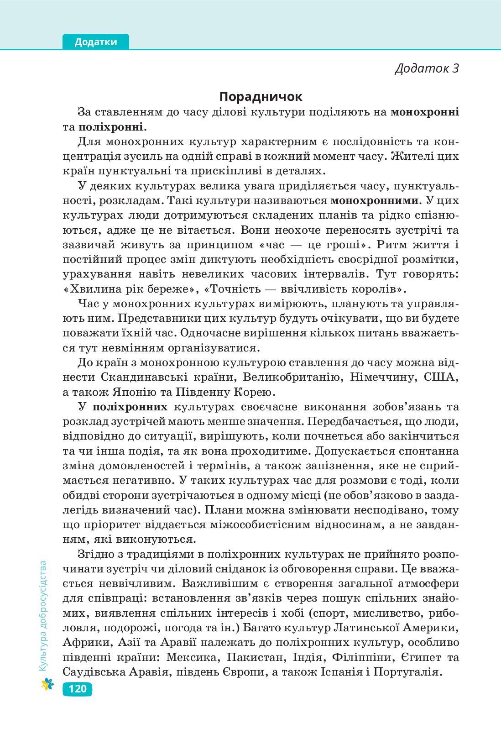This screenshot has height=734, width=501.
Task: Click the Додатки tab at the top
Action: pyautogui.click(x=96, y=42)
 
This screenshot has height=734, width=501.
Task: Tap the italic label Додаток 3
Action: pyautogui.click(x=426, y=68)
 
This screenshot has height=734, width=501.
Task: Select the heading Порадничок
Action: pyautogui.click(x=261, y=97)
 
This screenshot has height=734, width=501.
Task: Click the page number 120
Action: pyautogui.click(x=77, y=688)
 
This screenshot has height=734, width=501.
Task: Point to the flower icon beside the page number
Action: pyautogui.click(x=47, y=684)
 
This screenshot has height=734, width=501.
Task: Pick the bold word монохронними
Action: pyautogui.click(x=374, y=200)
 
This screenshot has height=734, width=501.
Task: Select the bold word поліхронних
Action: pyautogui.click(x=130, y=407)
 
